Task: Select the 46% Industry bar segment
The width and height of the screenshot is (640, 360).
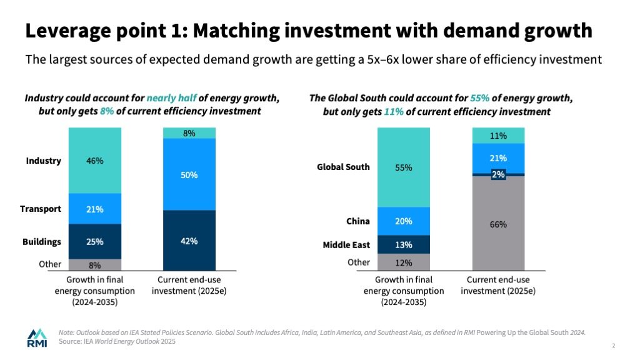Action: tap(95, 161)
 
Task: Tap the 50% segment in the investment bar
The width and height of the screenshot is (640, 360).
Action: tap(189, 174)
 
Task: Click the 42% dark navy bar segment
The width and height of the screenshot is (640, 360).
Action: tap(189, 241)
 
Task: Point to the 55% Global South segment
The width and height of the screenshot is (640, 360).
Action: tap(403, 167)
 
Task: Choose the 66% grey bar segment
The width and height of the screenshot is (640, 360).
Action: tap(498, 224)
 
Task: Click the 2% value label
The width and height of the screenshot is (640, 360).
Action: tap(498, 175)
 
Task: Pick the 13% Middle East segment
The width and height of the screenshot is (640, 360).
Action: tap(403, 244)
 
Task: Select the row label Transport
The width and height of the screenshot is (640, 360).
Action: tap(41, 209)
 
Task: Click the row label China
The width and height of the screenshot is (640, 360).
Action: tap(358, 221)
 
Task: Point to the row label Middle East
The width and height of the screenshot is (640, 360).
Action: tap(346, 244)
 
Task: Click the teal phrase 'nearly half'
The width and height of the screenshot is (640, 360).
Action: tap(171, 99)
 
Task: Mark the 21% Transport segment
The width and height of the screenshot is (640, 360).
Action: tap(95, 209)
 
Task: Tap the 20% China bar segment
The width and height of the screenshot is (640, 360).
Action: tap(403, 221)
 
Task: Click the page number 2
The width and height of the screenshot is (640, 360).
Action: tap(614, 346)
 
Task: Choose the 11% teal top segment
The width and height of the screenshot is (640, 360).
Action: tap(498, 136)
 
